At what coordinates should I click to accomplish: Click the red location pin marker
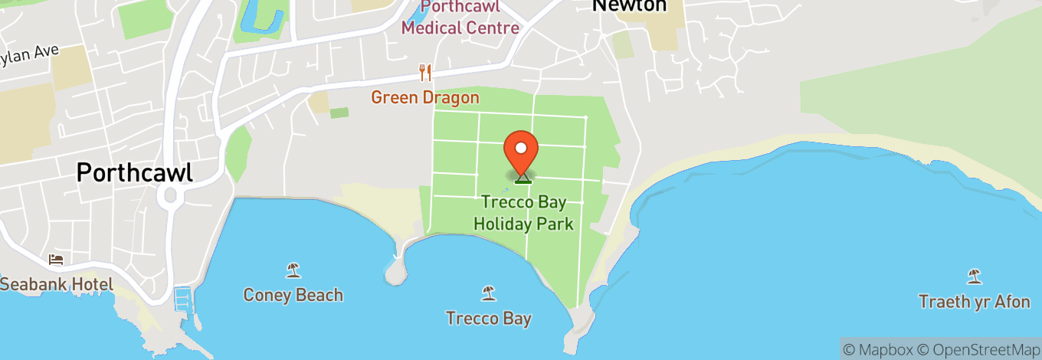(522, 150)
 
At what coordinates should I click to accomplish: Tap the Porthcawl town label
(134, 172)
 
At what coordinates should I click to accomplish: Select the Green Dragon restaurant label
(425, 97)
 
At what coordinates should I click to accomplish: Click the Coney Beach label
(293, 295)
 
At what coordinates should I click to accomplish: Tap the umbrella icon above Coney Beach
(293, 270)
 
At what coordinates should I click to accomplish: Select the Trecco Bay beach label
(488, 318)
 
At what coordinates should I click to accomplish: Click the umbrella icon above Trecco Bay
(488, 293)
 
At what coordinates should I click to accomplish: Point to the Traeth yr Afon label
(975, 302)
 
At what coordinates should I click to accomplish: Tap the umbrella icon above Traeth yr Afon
(974, 276)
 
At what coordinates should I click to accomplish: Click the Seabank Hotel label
(57, 284)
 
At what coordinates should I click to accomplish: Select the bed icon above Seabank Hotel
(56, 260)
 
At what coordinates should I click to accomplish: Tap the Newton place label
(628, 5)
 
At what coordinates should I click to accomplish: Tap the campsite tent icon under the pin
(523, 178)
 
